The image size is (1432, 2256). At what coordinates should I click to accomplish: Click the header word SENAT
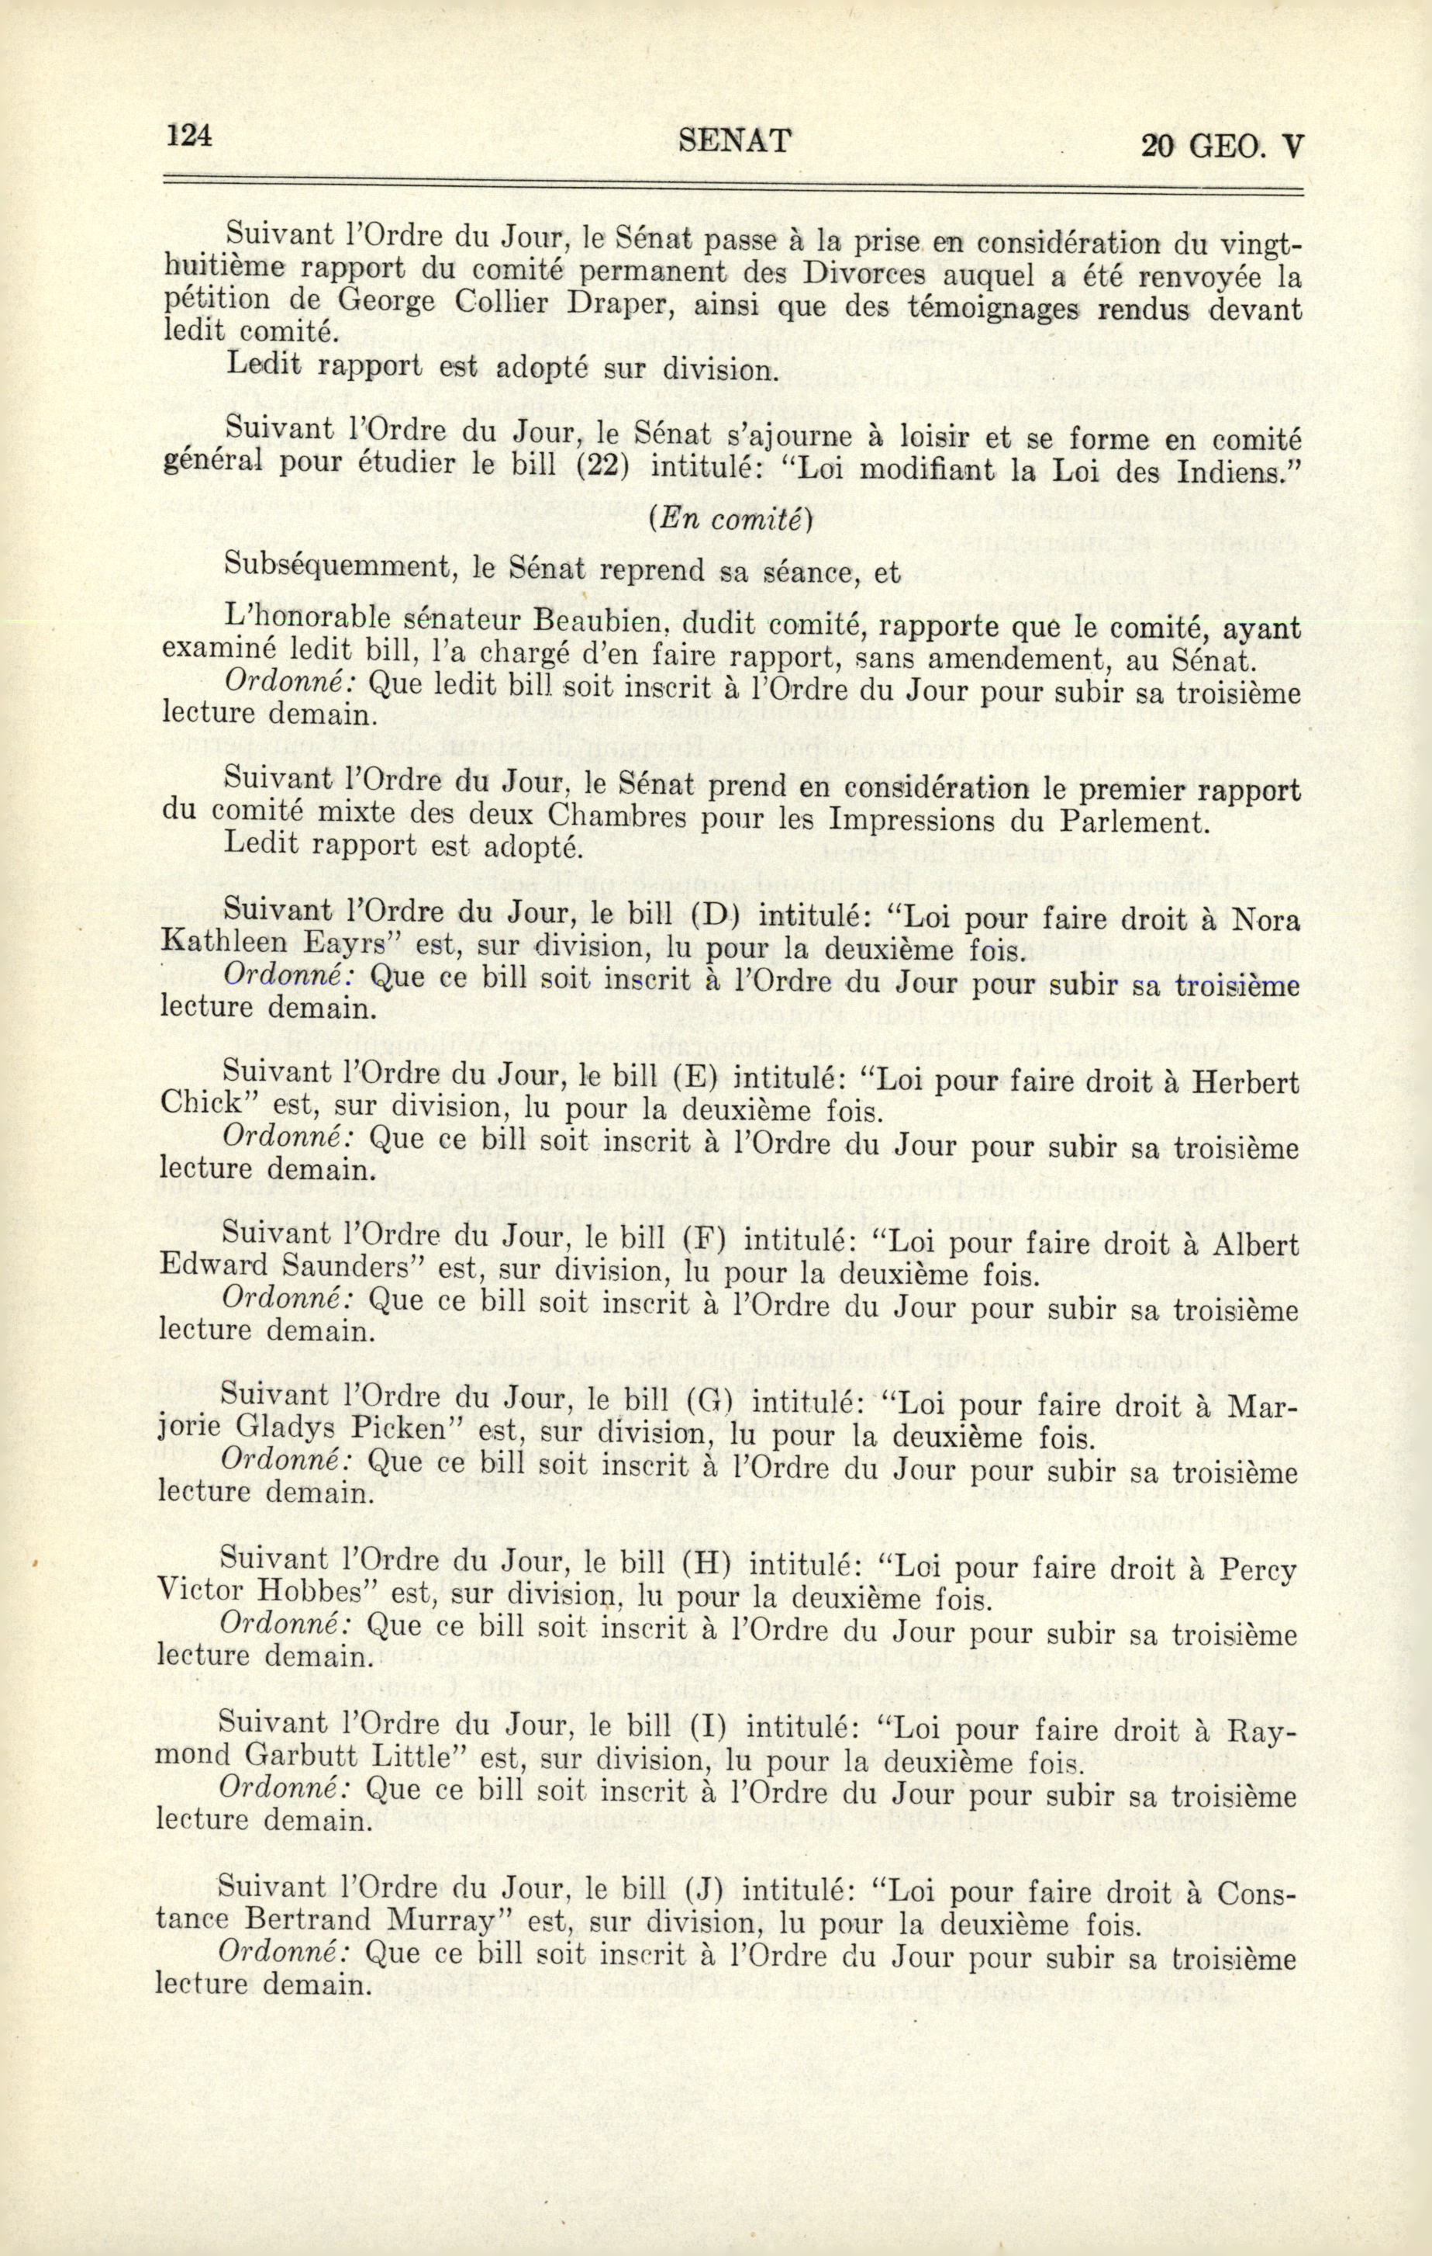coord(733,140)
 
